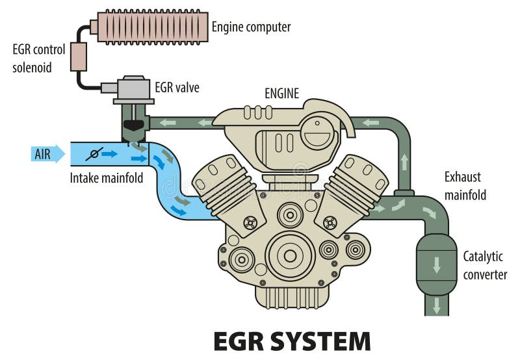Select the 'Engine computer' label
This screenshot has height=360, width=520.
coord(251,27)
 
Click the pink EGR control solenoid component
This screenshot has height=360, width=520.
coord(78,57)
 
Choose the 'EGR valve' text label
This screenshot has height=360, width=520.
coord(177,87)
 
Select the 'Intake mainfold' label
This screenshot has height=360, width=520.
coord(106,177)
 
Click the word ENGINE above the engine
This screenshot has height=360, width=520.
coord(281,94)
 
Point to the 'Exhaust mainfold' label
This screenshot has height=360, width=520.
coord(465,185)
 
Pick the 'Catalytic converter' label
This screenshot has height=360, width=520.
coord(485,265)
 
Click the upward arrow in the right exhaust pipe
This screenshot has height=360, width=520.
coord(404,161)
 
